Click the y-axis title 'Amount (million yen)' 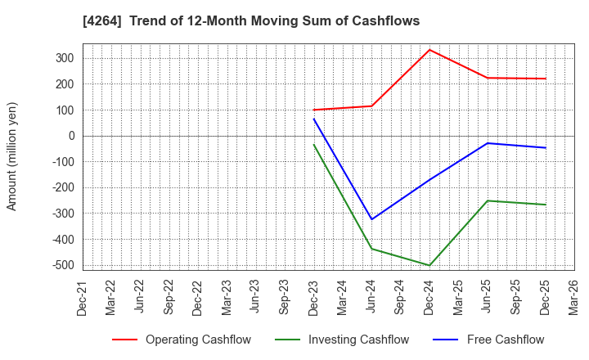(12, 156)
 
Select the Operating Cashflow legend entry (182, 340)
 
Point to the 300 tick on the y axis (65, 58)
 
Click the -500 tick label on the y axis (62, 265)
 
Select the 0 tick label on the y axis (72, 136)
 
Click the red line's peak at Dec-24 (429, 50)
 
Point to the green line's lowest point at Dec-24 (429, 265)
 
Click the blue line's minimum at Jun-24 (371, 219)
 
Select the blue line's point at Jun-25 (488, 143)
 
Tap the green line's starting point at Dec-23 (313, 145)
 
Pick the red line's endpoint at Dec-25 (546, 79)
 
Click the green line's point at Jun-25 (488, 200)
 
